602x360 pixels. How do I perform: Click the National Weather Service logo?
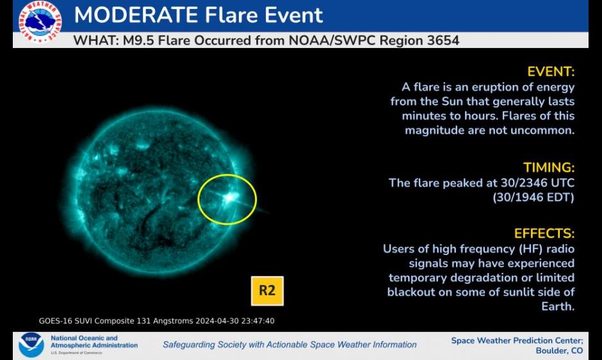click(40, 21)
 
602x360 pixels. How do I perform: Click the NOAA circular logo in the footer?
click(31, 345)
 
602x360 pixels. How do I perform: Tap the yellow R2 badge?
click(267, 291)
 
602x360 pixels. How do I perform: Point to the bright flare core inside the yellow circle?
click(229, 198)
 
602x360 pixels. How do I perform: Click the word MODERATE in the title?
click(136, 15)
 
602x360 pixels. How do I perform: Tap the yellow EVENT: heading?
click(551, 72)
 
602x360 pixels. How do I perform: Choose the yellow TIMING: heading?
click(549, 168)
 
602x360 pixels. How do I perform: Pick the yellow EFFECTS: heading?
click(544, 234)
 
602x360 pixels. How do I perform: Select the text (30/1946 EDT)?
click(533, 197)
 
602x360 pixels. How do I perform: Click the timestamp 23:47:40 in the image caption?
click(257, 321)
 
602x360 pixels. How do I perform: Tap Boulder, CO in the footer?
click(559, 351)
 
